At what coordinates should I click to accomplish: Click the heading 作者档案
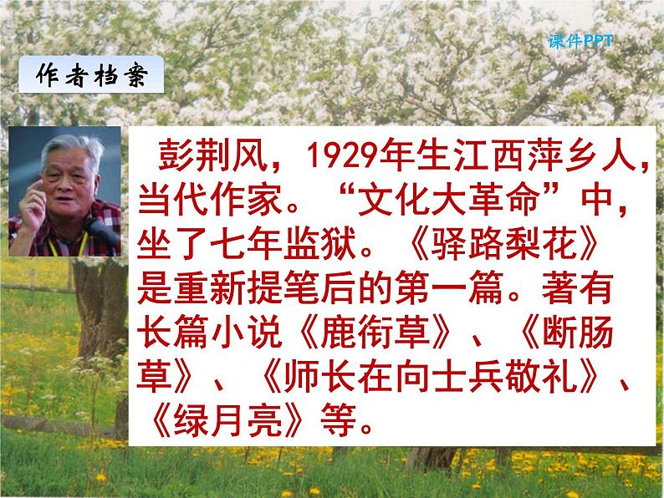pyautogui.click(x=91, y=75)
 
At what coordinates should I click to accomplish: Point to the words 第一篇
pyautogui.click(x=442, y=293)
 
